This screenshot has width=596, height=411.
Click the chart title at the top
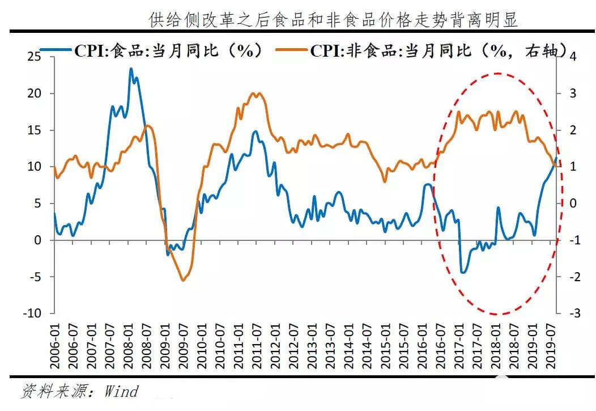[x=333, y=20]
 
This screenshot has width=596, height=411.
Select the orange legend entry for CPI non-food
[x=422, y=50]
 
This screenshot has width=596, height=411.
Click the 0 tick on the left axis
[x=37, y=240]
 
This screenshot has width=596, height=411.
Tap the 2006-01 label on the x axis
[x=55, y=346]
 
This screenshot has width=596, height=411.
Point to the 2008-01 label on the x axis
[x=129, y=346]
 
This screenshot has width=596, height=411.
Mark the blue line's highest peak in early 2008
[x=131, y=69]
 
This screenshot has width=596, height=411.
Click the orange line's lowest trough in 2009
[x=183, y=280]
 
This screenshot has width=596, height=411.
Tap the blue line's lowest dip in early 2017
[x=463, y=273]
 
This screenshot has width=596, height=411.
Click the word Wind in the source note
[x=121, y=392]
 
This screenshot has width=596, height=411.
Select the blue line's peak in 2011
[x=256, y=132]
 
